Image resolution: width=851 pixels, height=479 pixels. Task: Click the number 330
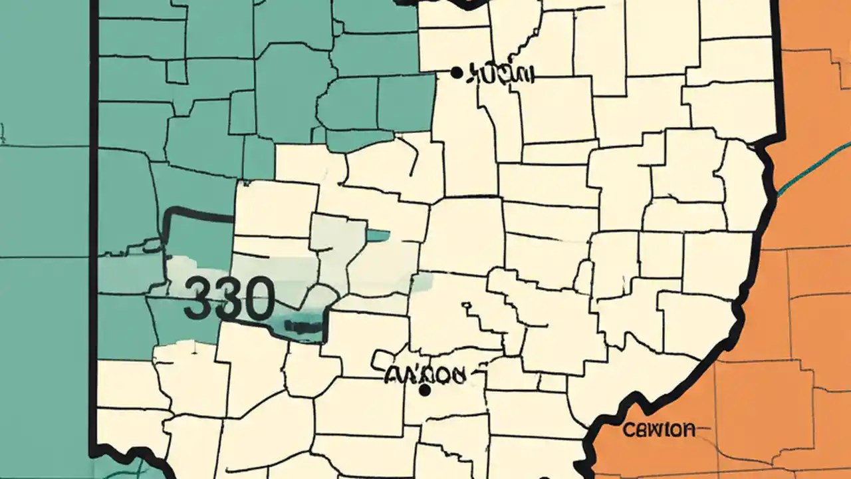pos(228,299)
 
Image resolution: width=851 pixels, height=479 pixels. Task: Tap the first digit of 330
pos(198,299)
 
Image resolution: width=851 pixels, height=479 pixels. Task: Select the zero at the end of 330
pos(257,299)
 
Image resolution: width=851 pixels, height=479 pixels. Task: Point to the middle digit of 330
pos(227,299)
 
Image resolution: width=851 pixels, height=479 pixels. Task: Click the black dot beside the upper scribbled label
pos(456,72)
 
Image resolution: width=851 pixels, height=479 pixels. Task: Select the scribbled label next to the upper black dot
pos(501,74)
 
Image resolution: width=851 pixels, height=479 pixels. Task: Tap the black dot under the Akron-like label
pos(425,391)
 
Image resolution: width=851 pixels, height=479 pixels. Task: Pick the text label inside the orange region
pos(660,430)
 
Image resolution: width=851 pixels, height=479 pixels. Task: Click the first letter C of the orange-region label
pos(629,430)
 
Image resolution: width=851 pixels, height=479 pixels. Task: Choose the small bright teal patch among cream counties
pos(378,235)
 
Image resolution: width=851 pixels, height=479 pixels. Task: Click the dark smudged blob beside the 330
pos(303,326)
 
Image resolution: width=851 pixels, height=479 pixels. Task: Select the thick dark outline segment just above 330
pos(199,214)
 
